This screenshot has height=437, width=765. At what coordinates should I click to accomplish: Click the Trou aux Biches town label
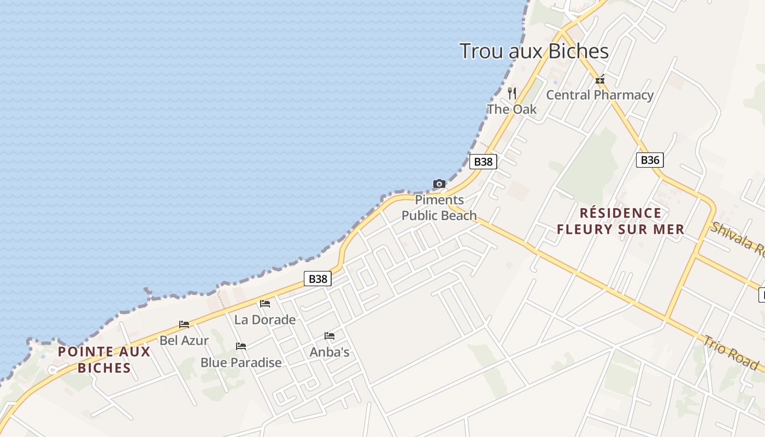pos(534,51)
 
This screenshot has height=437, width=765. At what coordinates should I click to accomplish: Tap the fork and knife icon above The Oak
pos(512,93)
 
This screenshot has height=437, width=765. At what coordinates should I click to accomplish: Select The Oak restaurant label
pos(512,109)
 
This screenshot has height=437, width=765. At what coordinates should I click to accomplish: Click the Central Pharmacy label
pos(600,95)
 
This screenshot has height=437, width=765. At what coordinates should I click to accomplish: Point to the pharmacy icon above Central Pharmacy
pos(600,80)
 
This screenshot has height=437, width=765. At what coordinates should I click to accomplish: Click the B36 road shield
pos(650,160)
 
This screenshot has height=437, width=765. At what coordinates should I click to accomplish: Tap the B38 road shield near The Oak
pos(483,162)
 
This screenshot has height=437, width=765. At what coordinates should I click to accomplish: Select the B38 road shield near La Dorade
pos(317,279)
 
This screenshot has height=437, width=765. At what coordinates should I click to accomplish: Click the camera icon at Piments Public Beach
pos(439,184)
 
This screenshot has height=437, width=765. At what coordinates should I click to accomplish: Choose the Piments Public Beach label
pos(439,208)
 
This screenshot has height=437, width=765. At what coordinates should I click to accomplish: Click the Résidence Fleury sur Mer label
pos(621,221)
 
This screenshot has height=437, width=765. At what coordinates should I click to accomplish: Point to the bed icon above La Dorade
pos(265,304)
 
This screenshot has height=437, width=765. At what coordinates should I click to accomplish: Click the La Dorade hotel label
pos(265,320)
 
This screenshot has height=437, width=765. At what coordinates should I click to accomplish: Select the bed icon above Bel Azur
pos(184,324)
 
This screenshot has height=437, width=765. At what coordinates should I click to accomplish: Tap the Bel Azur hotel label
pos(184,340)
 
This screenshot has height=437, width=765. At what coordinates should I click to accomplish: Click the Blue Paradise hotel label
pos(241,362)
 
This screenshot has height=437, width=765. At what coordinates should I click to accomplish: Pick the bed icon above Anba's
pos(329,336)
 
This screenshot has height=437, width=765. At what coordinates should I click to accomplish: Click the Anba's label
pos(329,352)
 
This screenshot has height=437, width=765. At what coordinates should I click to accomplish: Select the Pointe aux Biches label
pos(104,359)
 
